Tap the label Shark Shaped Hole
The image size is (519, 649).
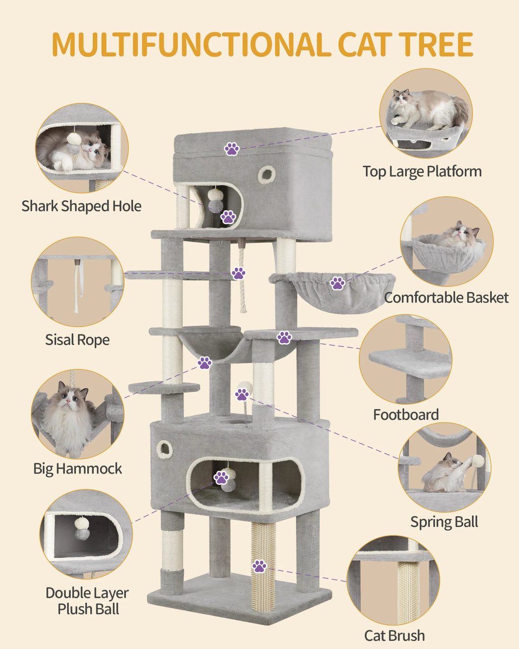point(81,206)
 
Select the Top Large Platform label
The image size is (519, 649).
point(422,171)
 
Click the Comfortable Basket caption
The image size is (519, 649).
point(446,298)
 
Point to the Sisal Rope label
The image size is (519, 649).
point(77,340)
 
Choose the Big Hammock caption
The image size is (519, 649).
point(78,468)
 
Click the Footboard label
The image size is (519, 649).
point(405,415)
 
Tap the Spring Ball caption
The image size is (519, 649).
point(444,522)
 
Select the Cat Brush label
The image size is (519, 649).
point(394,635)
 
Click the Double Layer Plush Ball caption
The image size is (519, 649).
point(87,601)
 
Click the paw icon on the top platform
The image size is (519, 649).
point(232,149)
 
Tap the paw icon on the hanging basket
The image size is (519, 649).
point(338,283)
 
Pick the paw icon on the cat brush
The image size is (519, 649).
point(259,566)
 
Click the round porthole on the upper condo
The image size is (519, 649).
point(266,174)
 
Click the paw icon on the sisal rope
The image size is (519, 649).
point(238,273)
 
